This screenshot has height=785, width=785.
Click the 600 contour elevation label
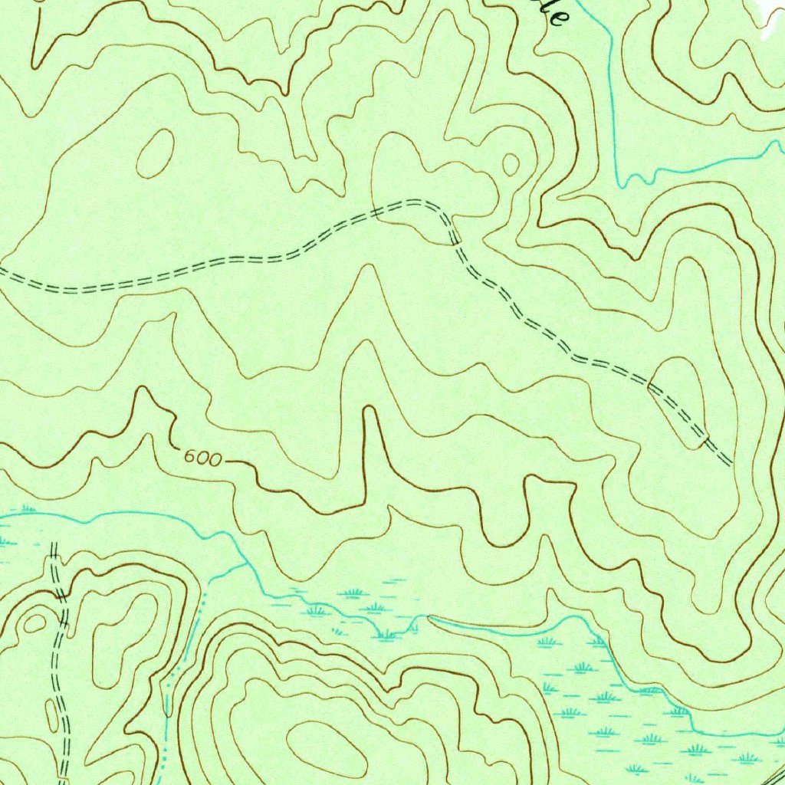pos(203,458)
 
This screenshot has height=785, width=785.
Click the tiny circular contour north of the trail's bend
pos(511,163)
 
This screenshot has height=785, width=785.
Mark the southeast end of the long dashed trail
pos(729,463)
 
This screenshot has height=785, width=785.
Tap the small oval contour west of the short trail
pos(34,624)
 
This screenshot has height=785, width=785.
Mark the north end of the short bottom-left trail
pos(54,544)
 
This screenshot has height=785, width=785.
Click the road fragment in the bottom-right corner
pos(776,774)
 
